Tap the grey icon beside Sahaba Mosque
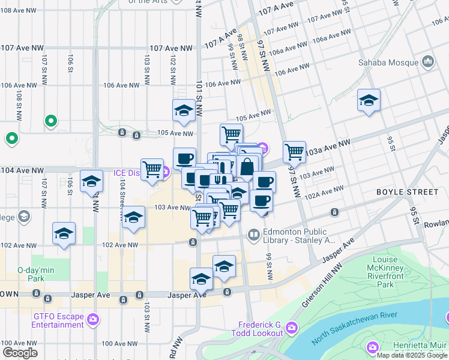(428, 61)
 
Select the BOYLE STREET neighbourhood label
(407, 192)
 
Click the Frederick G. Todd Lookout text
(260, 328)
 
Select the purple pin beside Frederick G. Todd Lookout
(291, 327)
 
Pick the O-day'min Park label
(36, 274)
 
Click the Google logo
(20, 353)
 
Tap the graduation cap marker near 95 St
(369, 100)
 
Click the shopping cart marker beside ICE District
(152, 169)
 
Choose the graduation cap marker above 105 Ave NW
(184, 110)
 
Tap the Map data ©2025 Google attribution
(412, 355)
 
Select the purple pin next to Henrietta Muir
(373, 346)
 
